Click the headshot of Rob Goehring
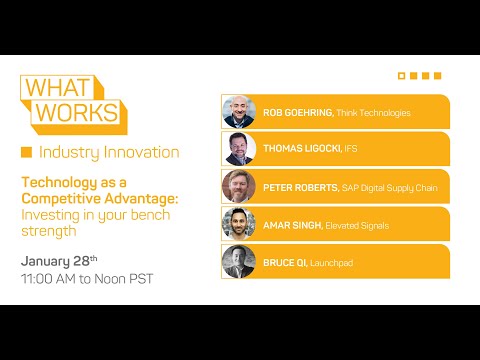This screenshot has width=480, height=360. pyautogui.click(x=238, y=112)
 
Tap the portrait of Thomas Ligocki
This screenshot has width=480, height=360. pyautogui.click(x=238, y=149)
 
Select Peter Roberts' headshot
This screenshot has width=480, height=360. pyautogui.click(x=238, y=187)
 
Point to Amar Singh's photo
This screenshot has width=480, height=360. pyautogui.click(x=238, y=224)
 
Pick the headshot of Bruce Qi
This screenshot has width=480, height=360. pyautogui.click(x=238, y=261)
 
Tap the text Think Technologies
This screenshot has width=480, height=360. pyautogui.click(x=373, y=113)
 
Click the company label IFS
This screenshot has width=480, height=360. pyautogui.click(x=352, y=150)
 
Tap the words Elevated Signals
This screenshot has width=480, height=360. pyautogui.click(x=357, y=225)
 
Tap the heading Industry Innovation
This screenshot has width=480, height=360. pyautogui.click(x=108, y=152)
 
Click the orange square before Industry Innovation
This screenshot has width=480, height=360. pyautogui.click(x=26, y=152)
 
